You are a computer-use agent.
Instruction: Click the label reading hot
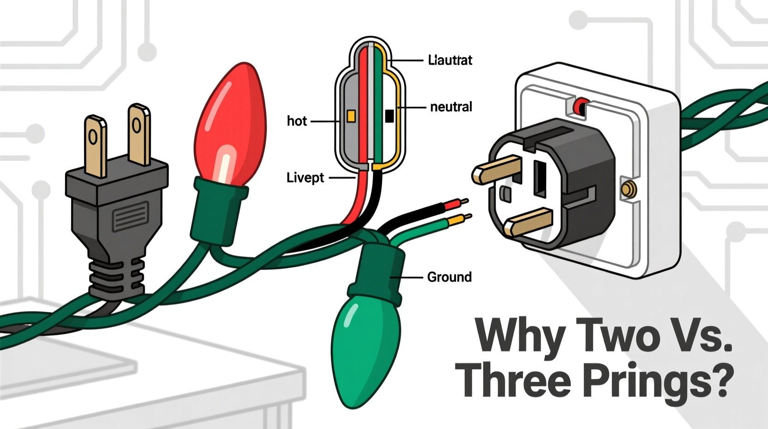pyautogui.click(x=297, y=121)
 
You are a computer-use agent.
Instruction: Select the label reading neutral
pyautogui.click(x=451, y=107)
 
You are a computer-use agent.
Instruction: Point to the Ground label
pyautogui.click(x=449, y=277)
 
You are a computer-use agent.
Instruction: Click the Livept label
pyautogui.click(x=305, y=178)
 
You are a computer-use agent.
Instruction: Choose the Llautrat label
pyautogui.click(x=450, y=60)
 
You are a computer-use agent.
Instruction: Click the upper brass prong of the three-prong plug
pyautogui.click(x=497, y=169)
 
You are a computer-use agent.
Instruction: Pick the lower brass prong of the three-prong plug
pyautogui.click(x=528, y=222)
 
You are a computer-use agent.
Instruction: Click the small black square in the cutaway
pyautogui.click(x=389, y=116)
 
